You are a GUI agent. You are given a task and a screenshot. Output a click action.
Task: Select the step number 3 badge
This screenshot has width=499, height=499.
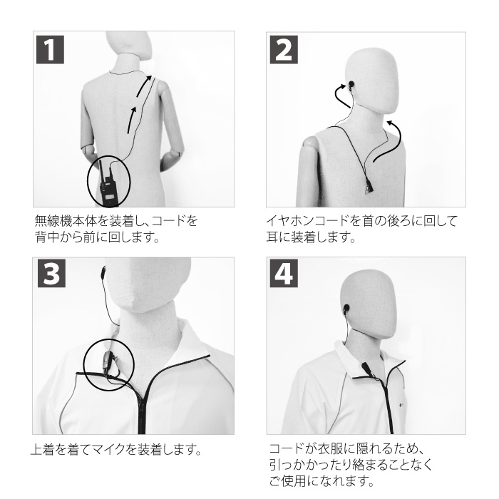48,275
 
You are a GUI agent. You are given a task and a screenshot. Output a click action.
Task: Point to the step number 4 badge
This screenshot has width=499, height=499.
282,275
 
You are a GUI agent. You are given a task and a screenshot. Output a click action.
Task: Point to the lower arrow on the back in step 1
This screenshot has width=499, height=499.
133,119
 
